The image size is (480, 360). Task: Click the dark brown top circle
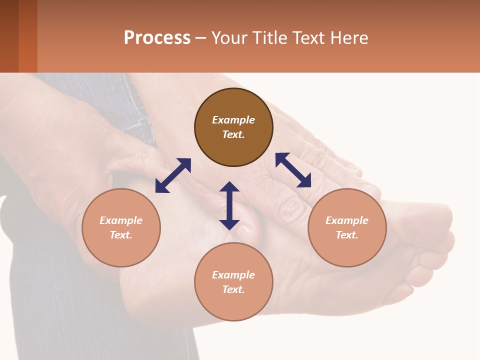pos(233,127)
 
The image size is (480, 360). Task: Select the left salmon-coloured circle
pos(121,227)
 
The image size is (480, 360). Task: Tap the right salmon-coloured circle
pos(347,227)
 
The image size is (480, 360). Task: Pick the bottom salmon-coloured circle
pos(233,282)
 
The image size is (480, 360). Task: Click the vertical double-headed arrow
pos(229,205)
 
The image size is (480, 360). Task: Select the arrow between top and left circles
pos(173,175)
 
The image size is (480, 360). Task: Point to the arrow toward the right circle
pos(293,170)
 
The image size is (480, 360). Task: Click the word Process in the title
pos(157,37)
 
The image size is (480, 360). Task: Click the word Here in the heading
pos(349,37)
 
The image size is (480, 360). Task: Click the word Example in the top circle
pos(233,120)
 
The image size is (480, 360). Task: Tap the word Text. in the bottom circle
pos(233,289)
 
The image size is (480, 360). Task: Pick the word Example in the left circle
pos(121,220)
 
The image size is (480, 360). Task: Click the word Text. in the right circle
pos(347,235)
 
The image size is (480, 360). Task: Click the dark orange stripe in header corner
pos(28,36)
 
